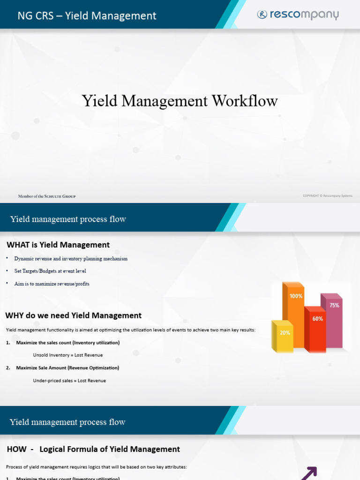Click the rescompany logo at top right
point(298,15)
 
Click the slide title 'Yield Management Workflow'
point(180,101)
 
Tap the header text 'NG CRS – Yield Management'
point(87,16)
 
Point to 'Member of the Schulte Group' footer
point(47,196)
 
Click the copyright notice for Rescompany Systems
point(328,196)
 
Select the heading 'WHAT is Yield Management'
point(58,245)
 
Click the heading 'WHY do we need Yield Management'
point(74,315)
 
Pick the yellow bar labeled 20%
point(283,336)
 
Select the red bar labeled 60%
point(315,328)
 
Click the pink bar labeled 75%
point(333,321)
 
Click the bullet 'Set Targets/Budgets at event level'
point(50,271)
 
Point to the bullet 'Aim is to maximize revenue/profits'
point(52,284)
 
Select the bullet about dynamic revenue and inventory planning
point(71,259)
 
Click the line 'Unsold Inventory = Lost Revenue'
point(68,355)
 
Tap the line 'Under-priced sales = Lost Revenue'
point(69,381)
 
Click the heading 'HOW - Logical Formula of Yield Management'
point(94,449)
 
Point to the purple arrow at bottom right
point(308,473)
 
